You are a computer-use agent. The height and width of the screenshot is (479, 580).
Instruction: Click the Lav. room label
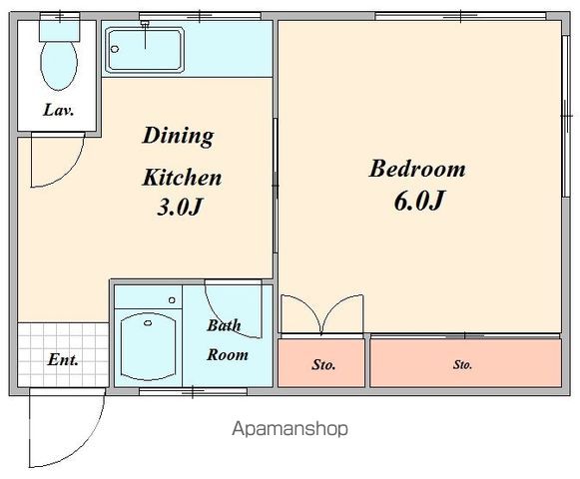point(59,110)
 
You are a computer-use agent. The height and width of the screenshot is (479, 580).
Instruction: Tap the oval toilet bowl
point(59,66)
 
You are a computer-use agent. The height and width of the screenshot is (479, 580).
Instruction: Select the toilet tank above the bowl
point(60,31)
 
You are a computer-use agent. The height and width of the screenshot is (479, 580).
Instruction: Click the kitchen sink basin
point(145,49)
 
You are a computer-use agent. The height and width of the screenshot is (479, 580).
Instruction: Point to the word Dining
point(178,137)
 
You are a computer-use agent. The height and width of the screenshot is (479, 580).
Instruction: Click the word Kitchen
point(182,178)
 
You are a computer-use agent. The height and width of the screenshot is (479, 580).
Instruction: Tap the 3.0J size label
point(180,208)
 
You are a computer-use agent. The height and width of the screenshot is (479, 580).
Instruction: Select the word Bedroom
point(417,169)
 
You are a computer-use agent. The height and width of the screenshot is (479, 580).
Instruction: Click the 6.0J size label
point(418,201)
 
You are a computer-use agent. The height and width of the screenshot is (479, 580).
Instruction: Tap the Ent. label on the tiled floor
point(63,359)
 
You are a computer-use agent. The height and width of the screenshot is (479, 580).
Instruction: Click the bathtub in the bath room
point(148,346)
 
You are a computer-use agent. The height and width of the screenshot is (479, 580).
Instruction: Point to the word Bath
point(224,325)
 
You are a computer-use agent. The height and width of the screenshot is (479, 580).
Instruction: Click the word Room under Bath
point(228,354)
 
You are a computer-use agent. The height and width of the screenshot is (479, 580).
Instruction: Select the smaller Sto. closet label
point(323,365)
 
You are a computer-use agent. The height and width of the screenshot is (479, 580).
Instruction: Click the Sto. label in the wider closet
point(462,365)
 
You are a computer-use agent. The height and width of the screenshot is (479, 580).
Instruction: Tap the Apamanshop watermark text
point(290,429)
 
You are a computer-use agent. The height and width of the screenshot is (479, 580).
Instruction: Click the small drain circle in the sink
point(115,49)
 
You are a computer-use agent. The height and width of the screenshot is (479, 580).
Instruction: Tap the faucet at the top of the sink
point(145,24)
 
